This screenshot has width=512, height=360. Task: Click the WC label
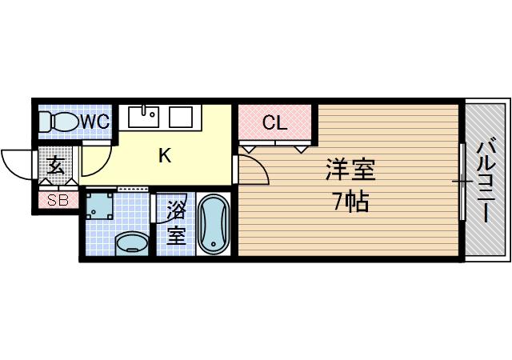click(95, 122)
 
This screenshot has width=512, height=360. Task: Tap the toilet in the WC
click(58, 122)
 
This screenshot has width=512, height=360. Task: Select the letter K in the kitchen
click(164, 156)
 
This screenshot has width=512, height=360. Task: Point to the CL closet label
click(275, 123)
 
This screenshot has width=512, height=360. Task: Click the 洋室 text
click(350, 170)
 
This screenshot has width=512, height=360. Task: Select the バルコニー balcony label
click(486, 181)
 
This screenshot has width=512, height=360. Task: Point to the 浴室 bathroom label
click(175, 224)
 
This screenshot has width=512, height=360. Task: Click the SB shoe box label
click(57, 201)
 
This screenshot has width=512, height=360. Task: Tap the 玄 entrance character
click(56, 166)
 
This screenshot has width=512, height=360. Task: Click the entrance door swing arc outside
click(14, 162)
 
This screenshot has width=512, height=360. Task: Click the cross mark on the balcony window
click(463, 182)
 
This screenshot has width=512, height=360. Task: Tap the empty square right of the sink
click(180, 116)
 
